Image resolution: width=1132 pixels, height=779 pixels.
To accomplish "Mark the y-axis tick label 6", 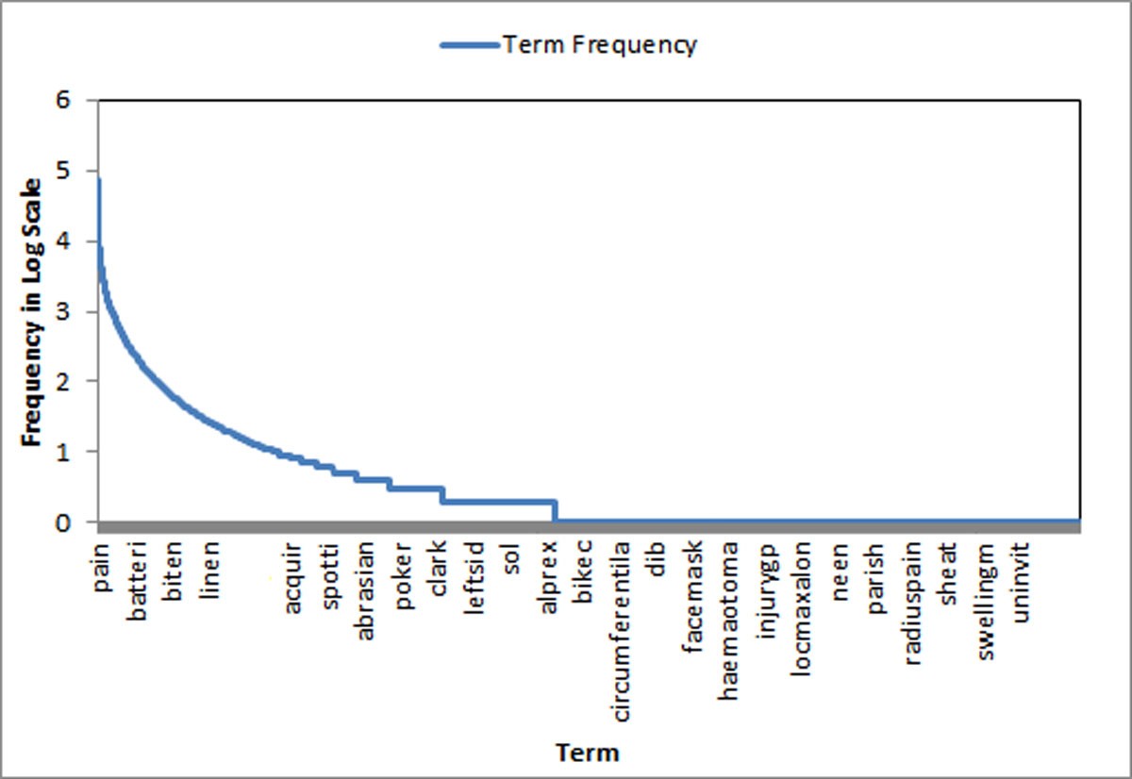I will (x=65, y=101).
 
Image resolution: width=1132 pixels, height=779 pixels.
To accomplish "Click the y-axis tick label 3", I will (x=65, y=311).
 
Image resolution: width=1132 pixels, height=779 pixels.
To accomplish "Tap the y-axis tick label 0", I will (x=65, y=522).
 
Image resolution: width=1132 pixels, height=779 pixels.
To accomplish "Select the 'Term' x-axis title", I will (x=588, y=753).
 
